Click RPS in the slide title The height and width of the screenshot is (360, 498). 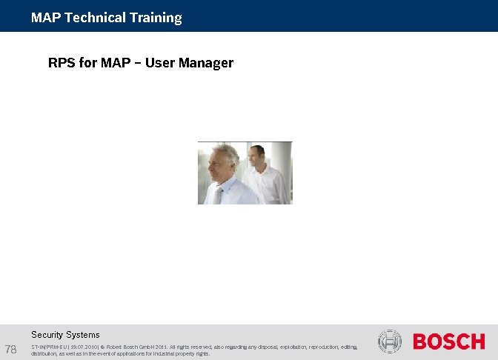[x=61, y=63]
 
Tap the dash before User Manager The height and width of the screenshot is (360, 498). [x=138, y=63]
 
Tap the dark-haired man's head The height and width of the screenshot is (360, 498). [x=256, y=155]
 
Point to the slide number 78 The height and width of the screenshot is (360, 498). [x=11, y=349]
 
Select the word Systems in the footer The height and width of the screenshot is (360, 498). [x=83, y=335]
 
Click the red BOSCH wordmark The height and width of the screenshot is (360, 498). [x=448, y=341]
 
